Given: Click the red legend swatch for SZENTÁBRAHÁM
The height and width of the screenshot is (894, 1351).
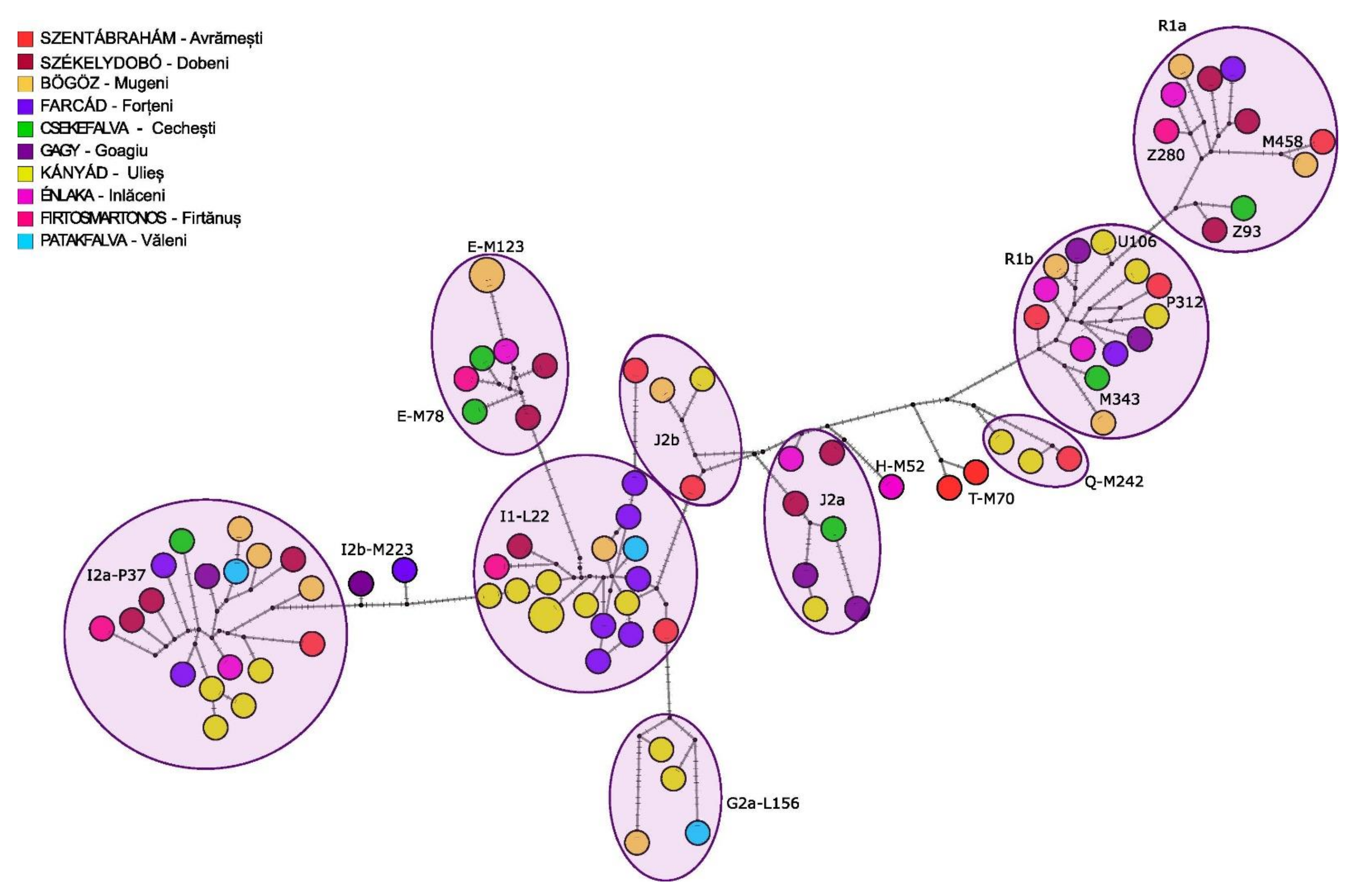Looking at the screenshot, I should click(25, 39).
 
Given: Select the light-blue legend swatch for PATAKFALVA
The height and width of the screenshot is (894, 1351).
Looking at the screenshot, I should click(25, 241).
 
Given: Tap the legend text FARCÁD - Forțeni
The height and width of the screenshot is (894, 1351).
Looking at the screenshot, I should click(106, 106).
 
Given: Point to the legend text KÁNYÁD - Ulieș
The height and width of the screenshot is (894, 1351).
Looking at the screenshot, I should click(101, 173).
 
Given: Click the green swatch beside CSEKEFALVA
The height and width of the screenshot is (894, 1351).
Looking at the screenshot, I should click(25, 129).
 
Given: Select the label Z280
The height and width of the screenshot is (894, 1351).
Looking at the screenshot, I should click(1166, 154).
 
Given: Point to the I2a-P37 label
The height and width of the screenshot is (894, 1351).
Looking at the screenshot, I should click(116, 575).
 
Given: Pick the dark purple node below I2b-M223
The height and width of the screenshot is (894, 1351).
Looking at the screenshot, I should click(361, 583).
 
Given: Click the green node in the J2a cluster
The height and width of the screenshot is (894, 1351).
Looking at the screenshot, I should click(833, 529).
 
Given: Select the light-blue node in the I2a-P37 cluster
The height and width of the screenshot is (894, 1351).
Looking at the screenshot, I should click(236, 571).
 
